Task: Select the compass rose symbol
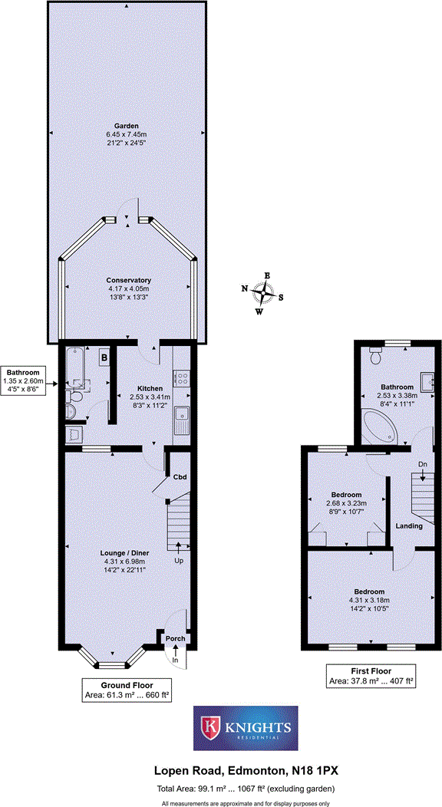[266, 292]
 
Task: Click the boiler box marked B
[103, 357]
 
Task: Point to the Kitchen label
[150, 388]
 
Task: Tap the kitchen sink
[183, 420]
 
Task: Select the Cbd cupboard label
[180, 476]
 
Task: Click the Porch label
[175, 638]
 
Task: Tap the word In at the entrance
[175, 660]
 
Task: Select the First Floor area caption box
[371, 675]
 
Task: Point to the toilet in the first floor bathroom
[375, 354]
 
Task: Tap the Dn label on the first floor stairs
[422, 465]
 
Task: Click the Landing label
[407, 525]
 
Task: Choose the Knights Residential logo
[245, 728]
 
